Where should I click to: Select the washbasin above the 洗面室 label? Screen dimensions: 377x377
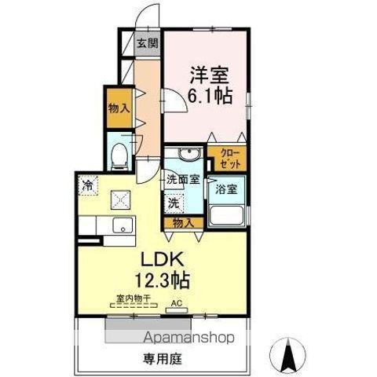185,155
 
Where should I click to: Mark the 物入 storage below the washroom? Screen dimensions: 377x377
184,222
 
